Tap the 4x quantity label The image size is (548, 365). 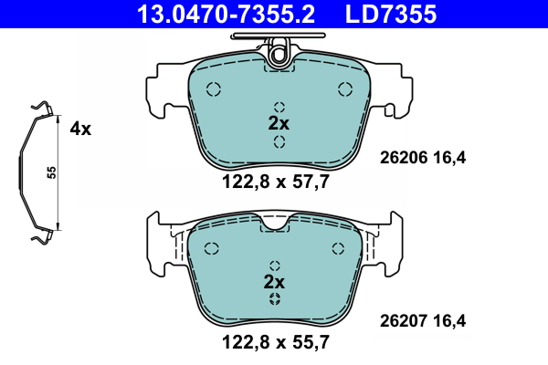tap(80, 129)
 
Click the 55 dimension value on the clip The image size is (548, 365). tap(53, 173)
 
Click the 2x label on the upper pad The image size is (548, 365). tap(278, 123)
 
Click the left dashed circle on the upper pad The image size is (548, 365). tap(214, 89)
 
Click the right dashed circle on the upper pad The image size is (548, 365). tap(345, 89)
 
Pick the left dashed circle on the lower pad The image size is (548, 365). tap(212, 248)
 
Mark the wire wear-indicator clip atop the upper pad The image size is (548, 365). tap(279, 46)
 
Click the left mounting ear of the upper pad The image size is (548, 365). tap(161, 91)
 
